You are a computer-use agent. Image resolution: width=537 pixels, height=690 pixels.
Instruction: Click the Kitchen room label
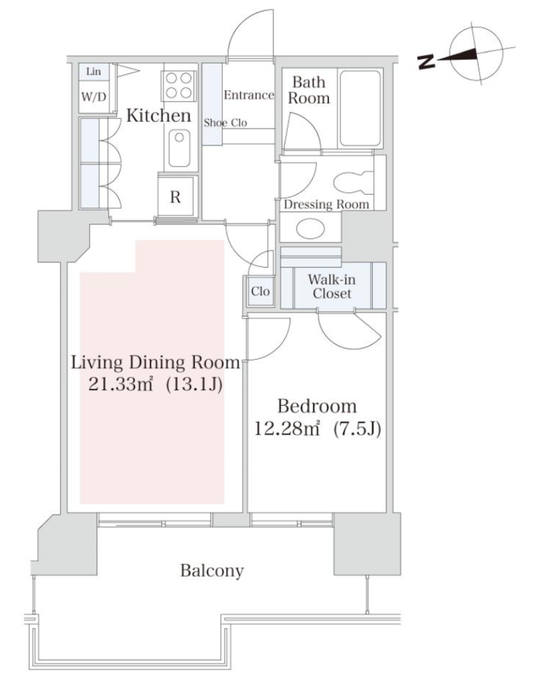pos(159,115)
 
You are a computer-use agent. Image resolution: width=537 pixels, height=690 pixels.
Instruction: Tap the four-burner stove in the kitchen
pos(179,85)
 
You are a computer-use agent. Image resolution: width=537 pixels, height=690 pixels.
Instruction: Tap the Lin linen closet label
pos(93,71)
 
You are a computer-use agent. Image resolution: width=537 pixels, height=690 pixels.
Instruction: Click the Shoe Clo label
pos(225,123)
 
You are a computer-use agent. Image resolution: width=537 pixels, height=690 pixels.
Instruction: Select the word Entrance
pos(249,95)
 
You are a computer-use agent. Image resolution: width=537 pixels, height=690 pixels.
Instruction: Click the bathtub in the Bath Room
pos(360,108)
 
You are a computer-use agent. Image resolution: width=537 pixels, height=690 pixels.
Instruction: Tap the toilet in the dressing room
pos(353,183)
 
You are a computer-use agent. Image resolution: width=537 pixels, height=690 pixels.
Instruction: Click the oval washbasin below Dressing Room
pos(311,228)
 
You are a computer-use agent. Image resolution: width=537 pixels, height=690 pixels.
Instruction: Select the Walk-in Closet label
pos(332,286)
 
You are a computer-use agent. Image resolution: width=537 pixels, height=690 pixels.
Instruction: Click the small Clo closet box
pos(260,291)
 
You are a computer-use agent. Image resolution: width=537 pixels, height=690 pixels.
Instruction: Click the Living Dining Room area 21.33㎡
pos(120,385)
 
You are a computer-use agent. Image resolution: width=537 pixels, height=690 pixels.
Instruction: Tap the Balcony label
pos(212,571)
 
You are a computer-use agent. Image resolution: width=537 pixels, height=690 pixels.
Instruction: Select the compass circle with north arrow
pos(476,54)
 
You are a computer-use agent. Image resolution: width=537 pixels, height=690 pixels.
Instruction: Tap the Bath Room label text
pos(309,90)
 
